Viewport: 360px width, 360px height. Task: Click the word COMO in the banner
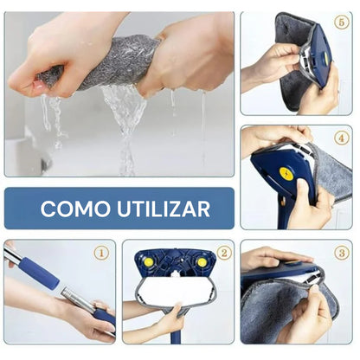(75, 209)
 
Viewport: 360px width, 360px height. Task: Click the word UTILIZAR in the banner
(164, 209)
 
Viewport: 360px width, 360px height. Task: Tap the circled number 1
(101, 253)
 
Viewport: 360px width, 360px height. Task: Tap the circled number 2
(224, 253)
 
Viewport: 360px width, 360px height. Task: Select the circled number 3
(342, 253)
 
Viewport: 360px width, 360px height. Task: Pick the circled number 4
(342, 138)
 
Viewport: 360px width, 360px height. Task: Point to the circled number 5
(342, 22)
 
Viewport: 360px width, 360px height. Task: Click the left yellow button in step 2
(149, 261)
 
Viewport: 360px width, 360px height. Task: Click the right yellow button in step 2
(202, 262)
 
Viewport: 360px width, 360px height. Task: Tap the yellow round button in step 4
(286, 173)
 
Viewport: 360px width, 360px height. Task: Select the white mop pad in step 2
(177, 291)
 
